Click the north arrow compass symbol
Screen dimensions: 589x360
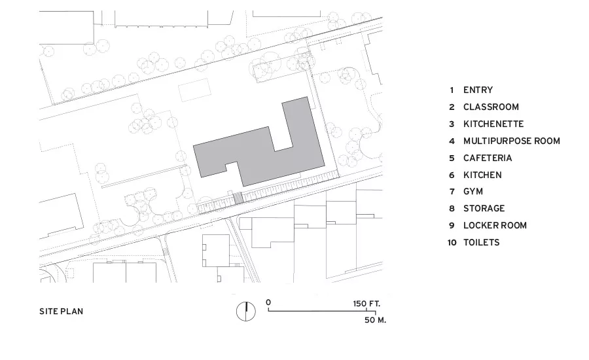246,312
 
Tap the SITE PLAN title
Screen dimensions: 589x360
62,312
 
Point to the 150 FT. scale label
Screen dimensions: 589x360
366,304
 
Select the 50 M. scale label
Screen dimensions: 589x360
375,320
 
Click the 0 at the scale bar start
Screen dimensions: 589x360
268,302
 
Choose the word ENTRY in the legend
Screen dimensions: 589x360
478,90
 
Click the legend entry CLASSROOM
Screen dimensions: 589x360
491,107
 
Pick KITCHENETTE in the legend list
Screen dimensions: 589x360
493,124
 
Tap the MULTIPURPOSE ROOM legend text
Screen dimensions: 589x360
512,141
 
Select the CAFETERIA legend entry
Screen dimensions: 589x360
488,158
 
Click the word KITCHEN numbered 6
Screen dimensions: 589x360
482,175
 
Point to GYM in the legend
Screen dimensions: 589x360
473,192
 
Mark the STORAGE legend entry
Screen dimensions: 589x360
484,209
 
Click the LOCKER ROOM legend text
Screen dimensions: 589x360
495,225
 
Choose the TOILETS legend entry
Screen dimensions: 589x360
481,242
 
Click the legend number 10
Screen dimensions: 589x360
452,243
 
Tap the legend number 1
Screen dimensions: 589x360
452,90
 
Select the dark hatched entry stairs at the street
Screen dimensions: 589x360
238,198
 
